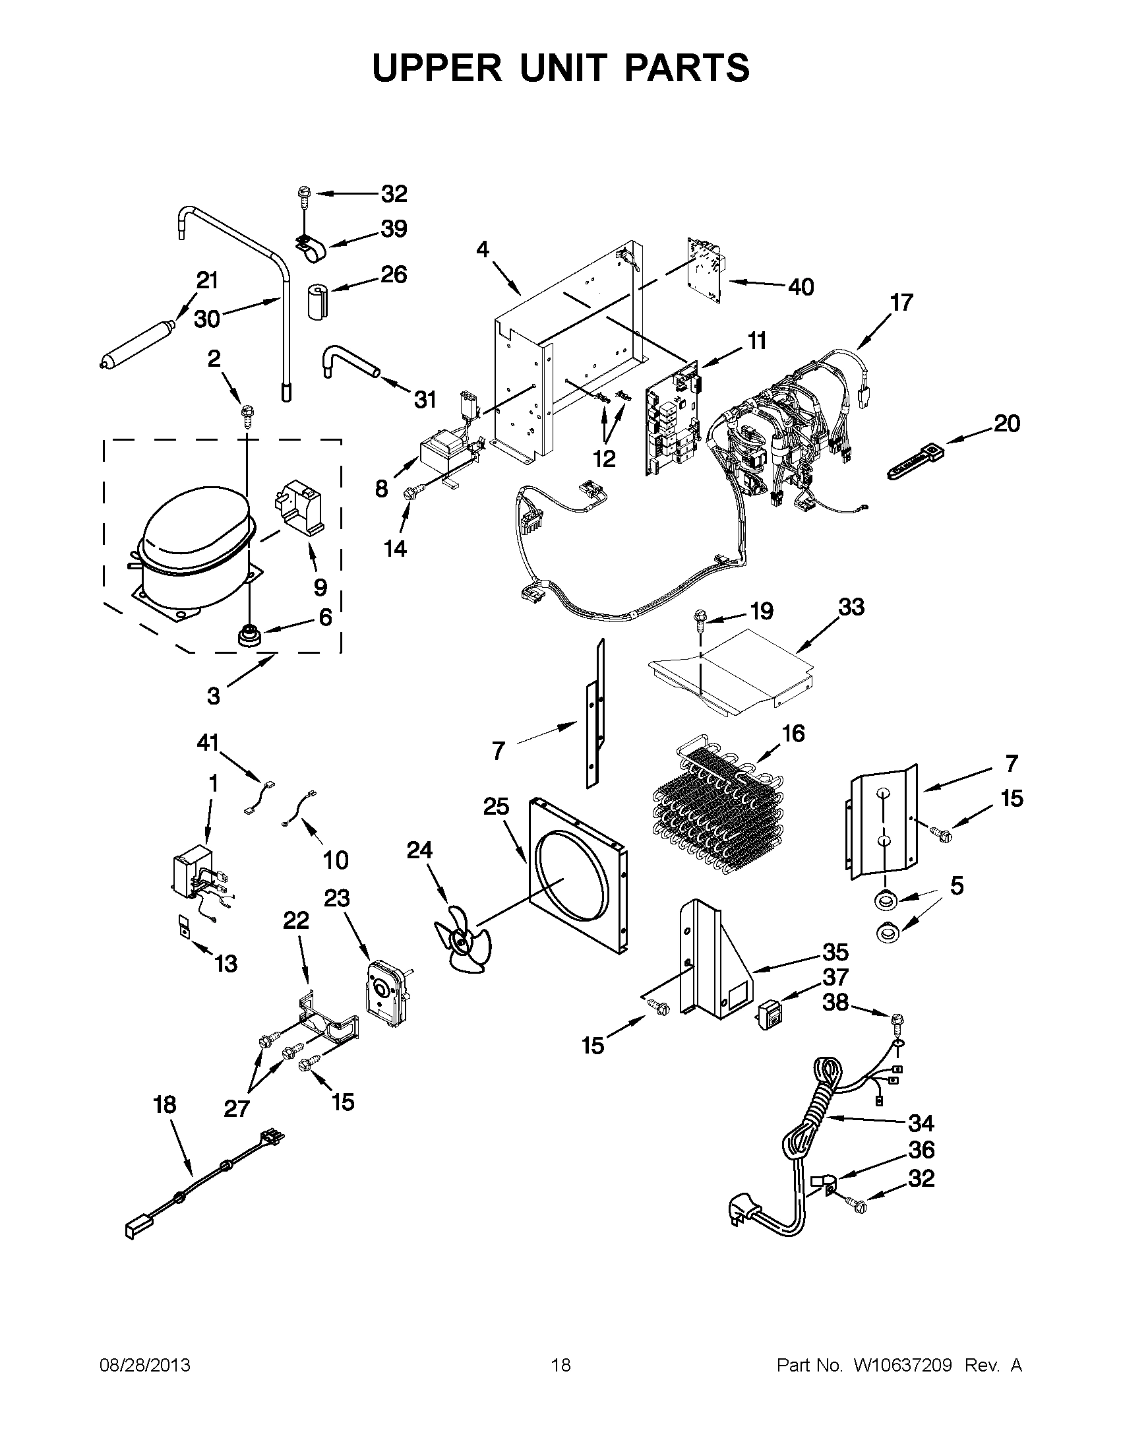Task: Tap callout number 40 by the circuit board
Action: pyautogui.click(x=801, y=287)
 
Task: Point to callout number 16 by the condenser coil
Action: pyautogui.click(x=793, y=734)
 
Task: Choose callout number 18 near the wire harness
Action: pyautogui.click(x=164, y=1105)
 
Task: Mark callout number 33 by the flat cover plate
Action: pyautogui.click(x=851, y=607)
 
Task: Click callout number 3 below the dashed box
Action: pyautogui.click(x=213, y=696)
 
